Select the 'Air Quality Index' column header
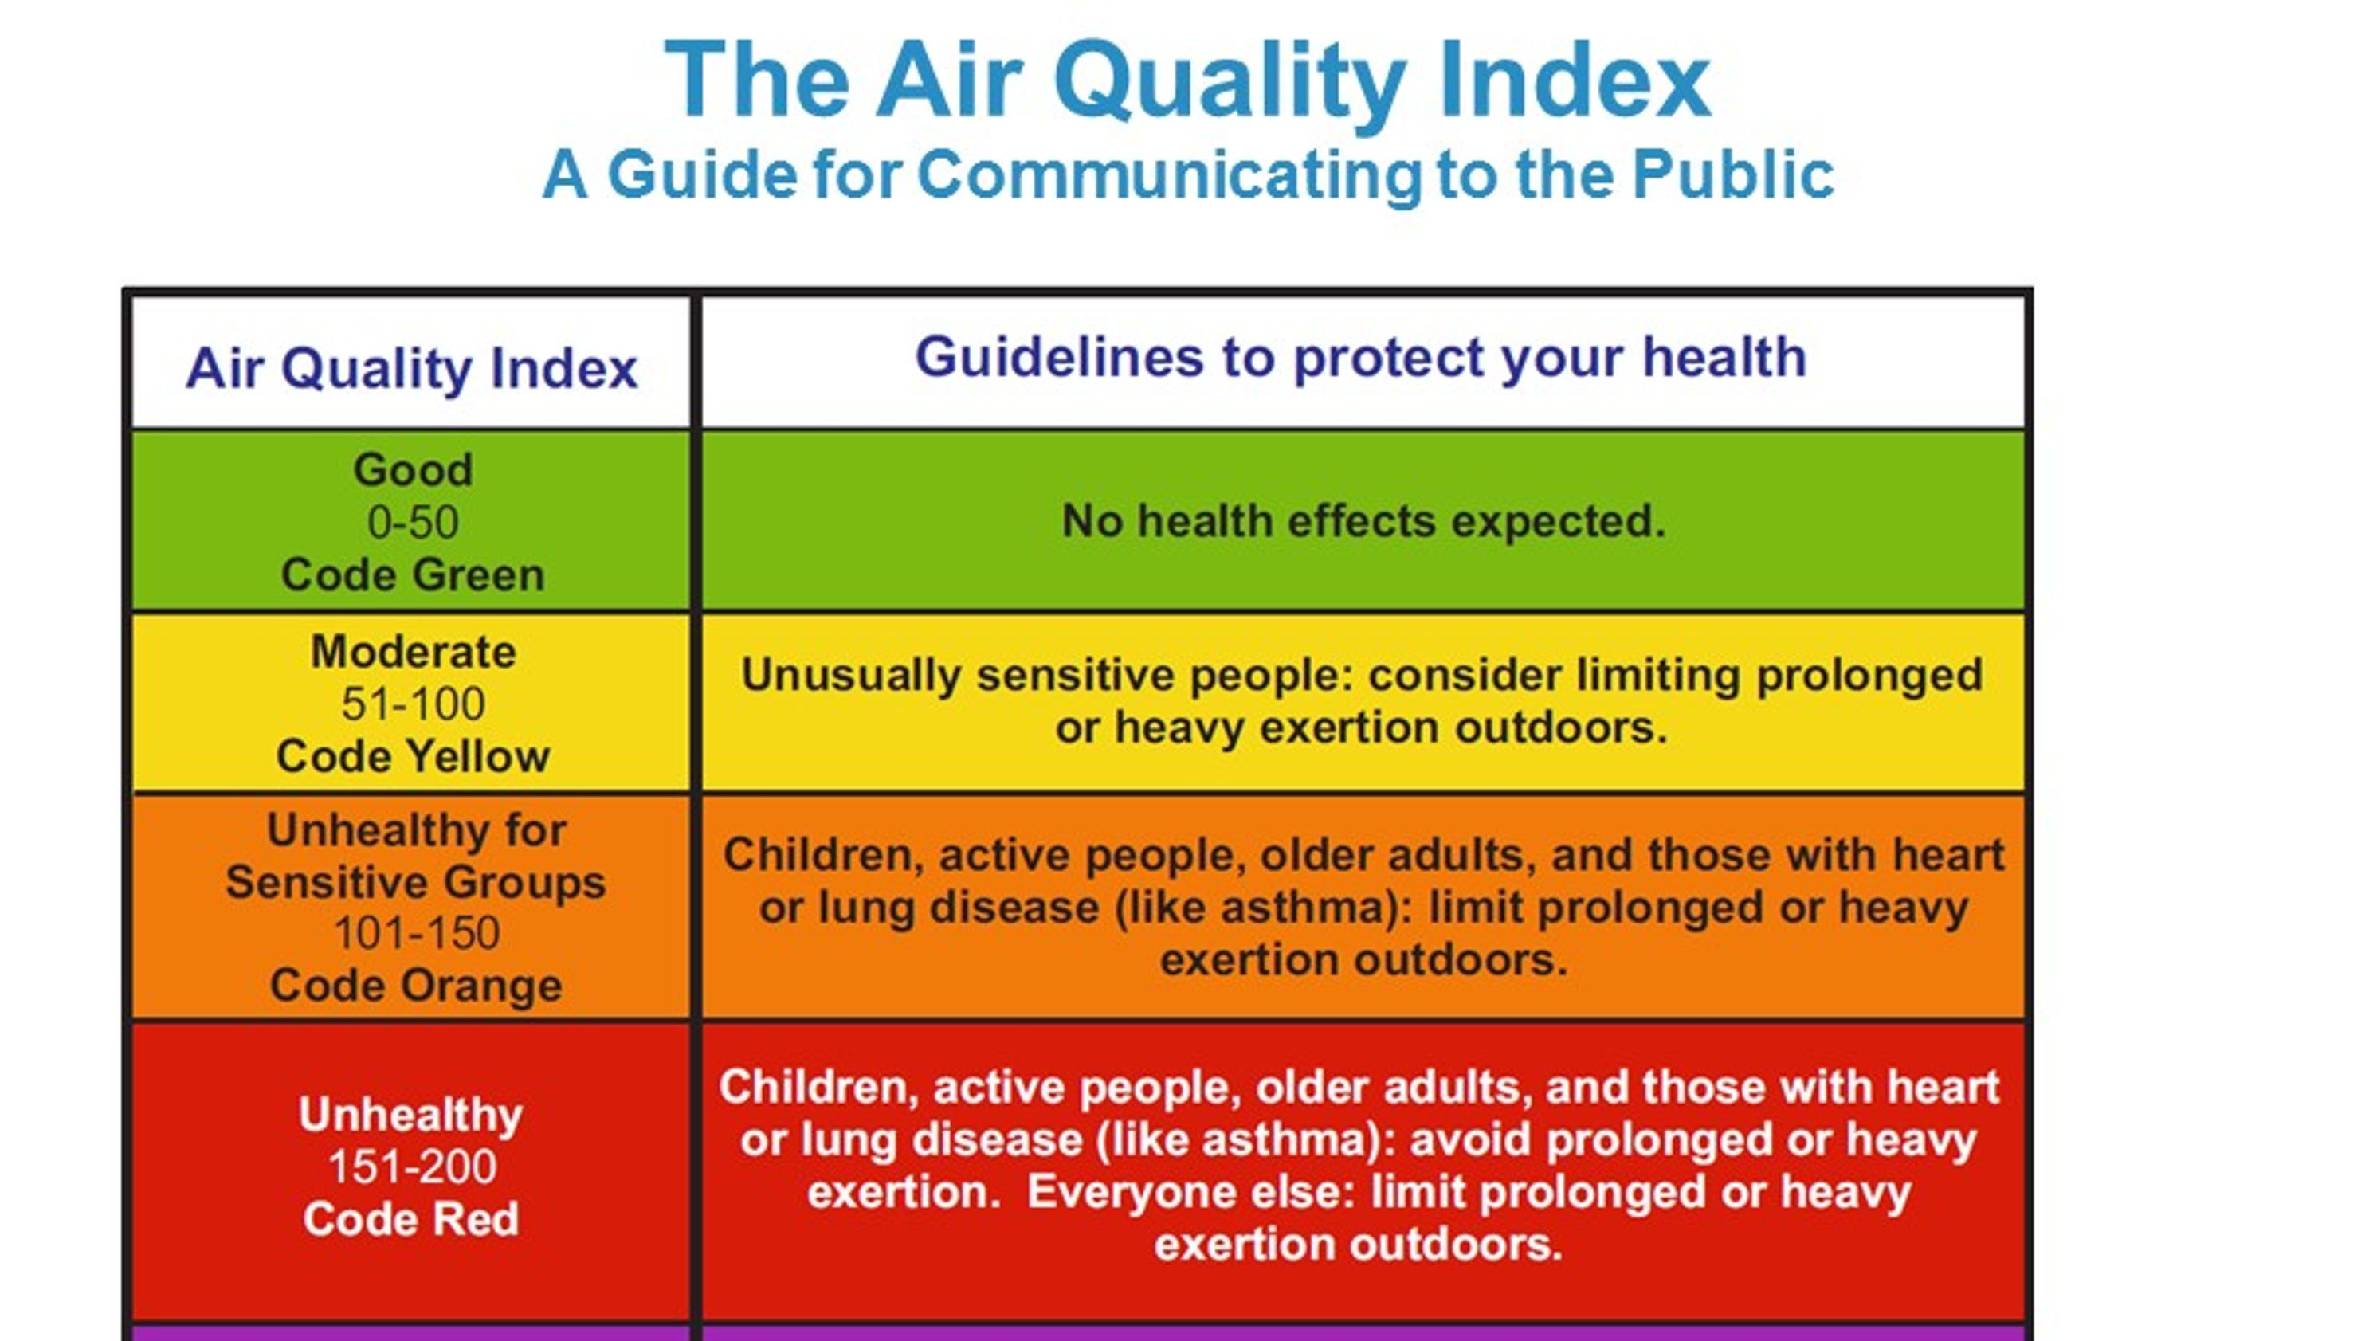412,368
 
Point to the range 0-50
413,522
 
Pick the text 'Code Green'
413,574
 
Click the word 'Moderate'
413,652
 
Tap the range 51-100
413,704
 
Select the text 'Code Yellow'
413,757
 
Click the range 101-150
417,933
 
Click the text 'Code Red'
411,1219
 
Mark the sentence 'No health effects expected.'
1363,521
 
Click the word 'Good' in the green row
413,470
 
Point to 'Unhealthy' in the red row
411,1116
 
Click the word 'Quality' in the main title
1230,83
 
